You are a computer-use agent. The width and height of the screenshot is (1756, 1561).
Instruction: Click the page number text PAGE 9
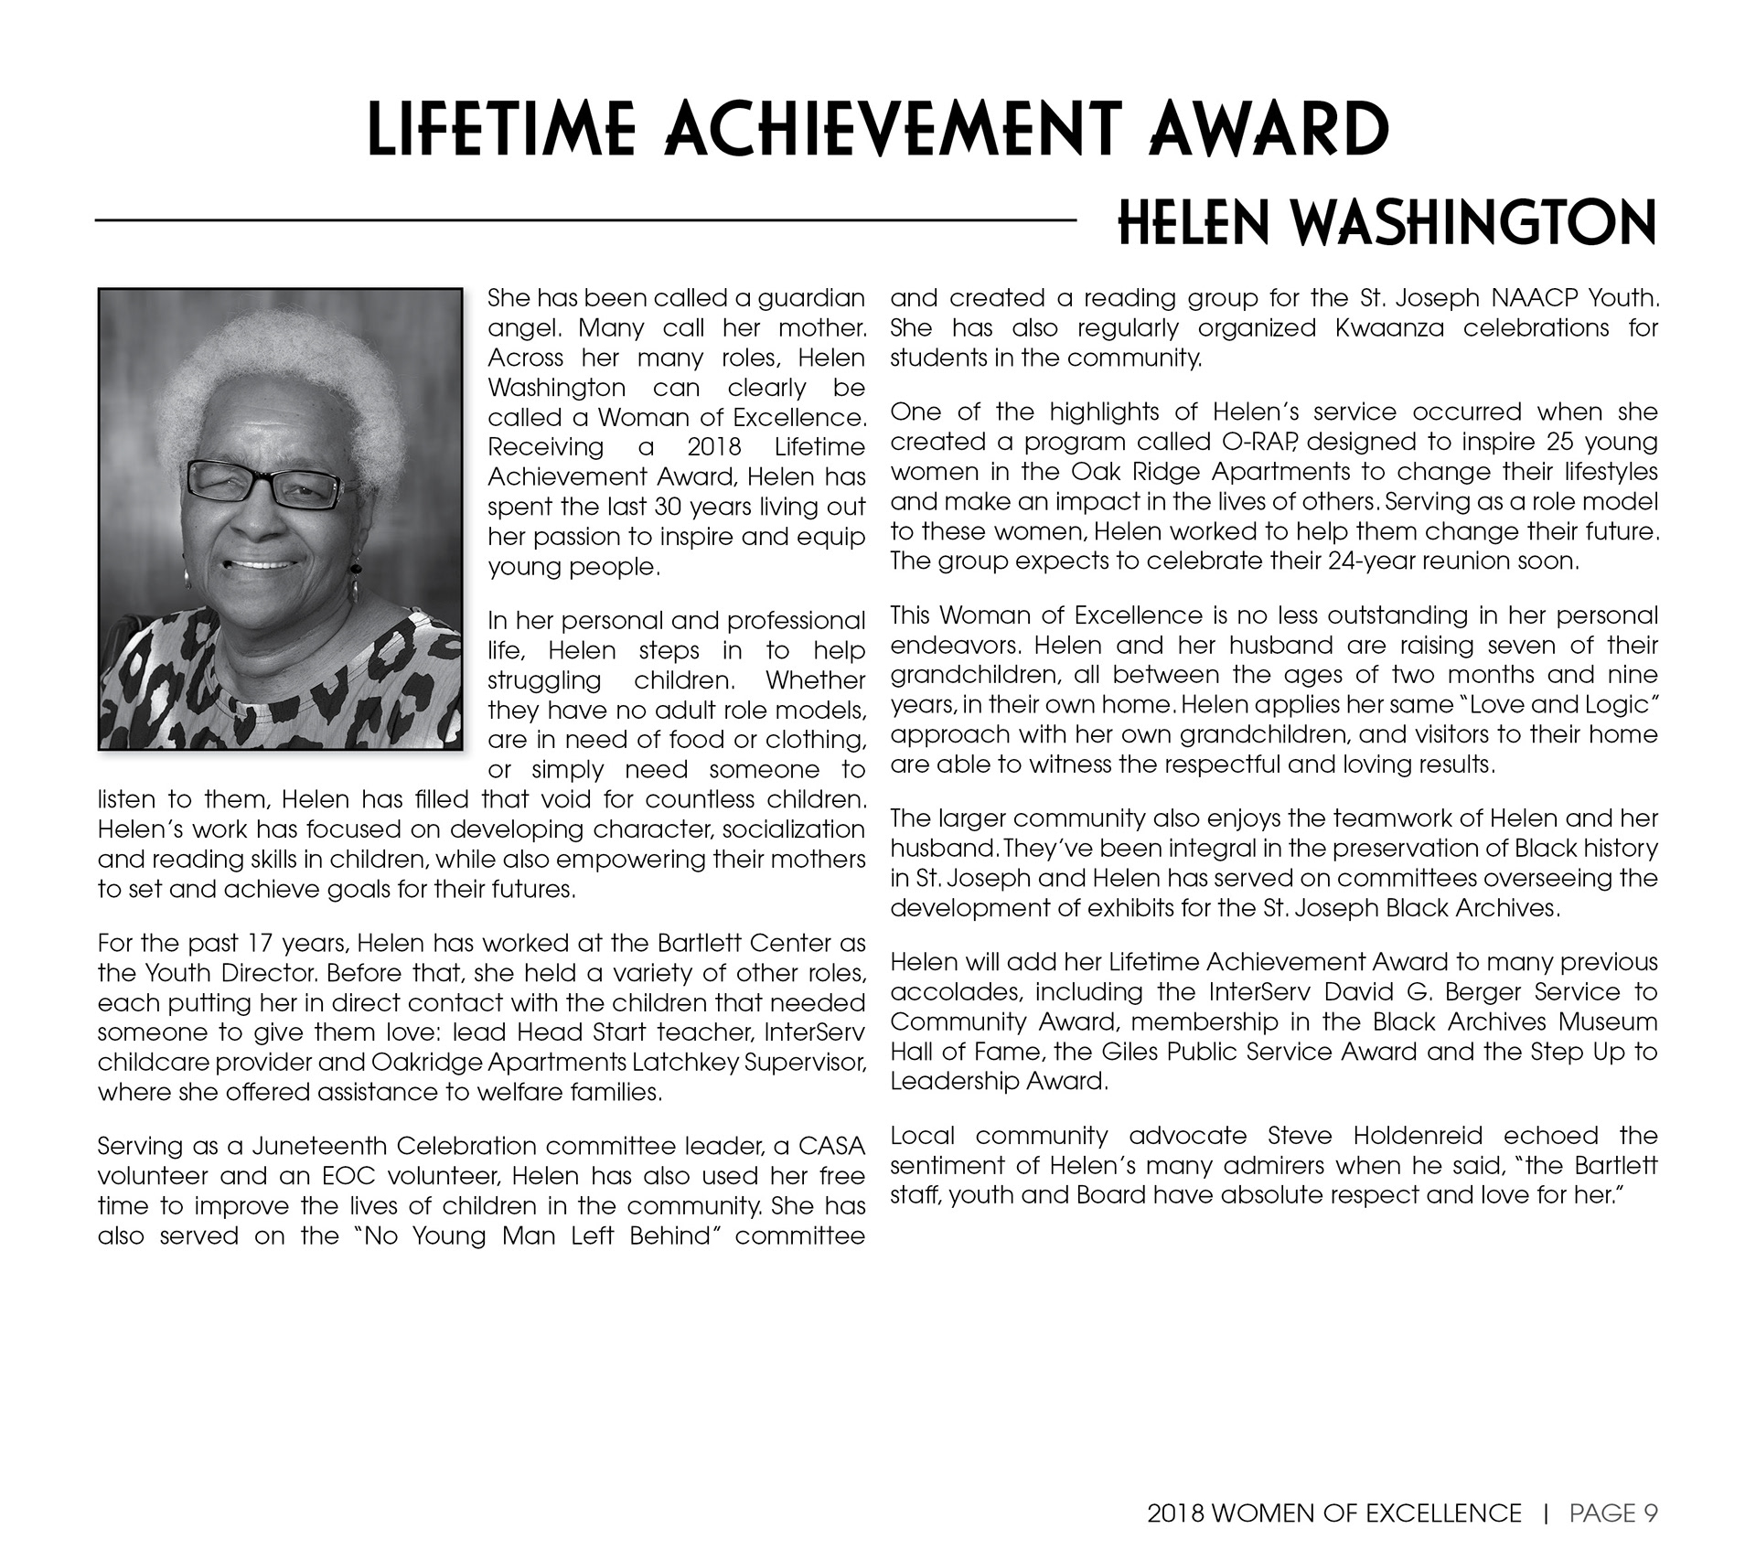(1613, 1513)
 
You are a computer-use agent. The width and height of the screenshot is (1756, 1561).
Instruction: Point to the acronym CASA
(831, 1146)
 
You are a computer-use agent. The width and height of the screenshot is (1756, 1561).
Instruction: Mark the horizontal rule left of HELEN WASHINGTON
(585, 220)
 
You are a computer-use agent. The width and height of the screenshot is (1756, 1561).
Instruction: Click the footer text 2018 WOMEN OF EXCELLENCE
(1334, 1513)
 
